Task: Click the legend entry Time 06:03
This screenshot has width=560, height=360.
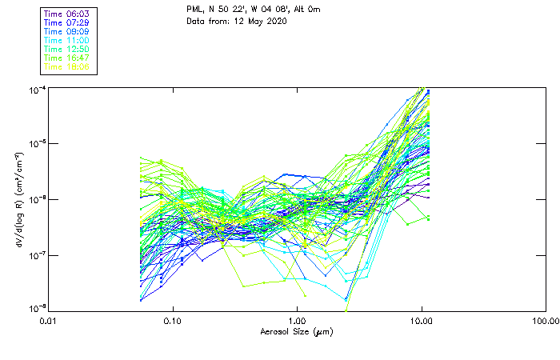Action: (x=67, y=14)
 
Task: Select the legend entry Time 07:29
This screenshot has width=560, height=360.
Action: (x=67, y=22)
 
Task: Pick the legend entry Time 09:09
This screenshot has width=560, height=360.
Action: (x=67, y=31)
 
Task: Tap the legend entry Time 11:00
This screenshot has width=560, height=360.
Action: (x=67, y=40)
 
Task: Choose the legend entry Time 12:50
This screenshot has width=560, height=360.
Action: (x=67, y=49)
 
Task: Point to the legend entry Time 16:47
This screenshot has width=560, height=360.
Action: (x=67, y=58)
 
